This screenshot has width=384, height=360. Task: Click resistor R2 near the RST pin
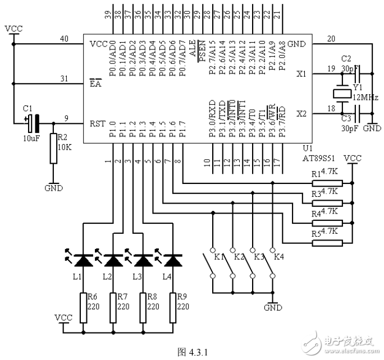[54, 148]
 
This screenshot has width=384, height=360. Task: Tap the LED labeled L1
[83, 260]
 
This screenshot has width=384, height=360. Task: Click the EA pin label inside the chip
[95, 84]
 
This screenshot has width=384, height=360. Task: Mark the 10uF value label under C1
[31, 139]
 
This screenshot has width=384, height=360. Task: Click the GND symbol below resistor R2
[54, 187]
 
